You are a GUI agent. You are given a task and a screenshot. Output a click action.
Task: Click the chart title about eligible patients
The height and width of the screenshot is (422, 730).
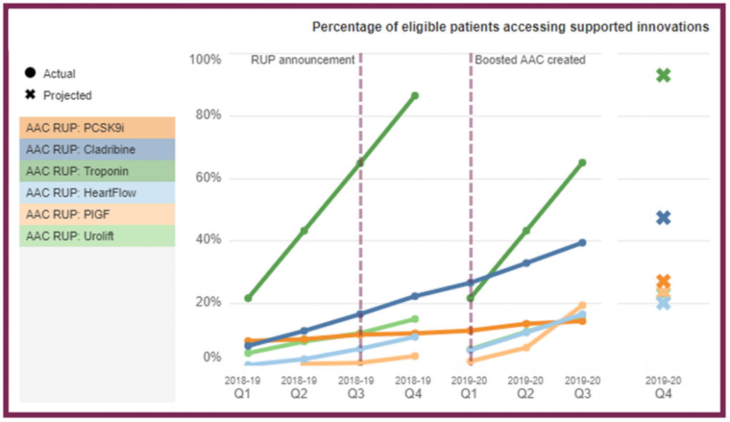(510, 27)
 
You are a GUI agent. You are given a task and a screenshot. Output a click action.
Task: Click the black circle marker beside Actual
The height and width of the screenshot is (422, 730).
(30, 73)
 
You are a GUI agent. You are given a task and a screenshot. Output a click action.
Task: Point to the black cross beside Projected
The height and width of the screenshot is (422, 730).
(30, 95)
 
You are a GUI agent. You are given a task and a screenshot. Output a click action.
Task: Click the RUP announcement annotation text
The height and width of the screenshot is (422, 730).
(302, 60)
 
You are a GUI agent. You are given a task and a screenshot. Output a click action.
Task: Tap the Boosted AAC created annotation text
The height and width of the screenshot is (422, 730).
(530, 60)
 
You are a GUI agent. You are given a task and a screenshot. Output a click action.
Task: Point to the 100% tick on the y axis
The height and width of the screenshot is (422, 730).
(205, 59)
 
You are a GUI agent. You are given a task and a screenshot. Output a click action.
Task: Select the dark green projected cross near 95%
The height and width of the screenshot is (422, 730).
(664, 75)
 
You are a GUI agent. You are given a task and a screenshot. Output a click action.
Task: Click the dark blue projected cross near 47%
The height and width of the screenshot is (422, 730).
(664, 218)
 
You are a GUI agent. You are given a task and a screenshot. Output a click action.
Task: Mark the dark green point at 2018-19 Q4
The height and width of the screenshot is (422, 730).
(414, 96)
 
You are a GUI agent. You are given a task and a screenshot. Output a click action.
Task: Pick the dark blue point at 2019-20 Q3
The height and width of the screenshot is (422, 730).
(582, 243)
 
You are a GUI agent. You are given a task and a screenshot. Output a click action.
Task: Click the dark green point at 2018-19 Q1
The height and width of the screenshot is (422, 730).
(248, 298)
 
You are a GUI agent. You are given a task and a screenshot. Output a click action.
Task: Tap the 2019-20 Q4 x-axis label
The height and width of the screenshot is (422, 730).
(664, 386)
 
